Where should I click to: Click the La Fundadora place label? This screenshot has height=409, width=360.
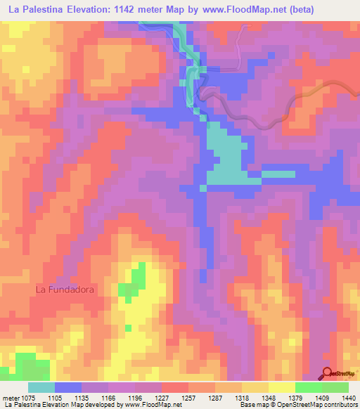(65, 289)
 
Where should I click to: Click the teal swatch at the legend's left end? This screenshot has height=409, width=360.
(41, 387)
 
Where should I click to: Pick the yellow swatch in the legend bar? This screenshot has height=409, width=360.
(281, 387)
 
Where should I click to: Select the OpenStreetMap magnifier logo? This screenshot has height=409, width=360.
(328, 372)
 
